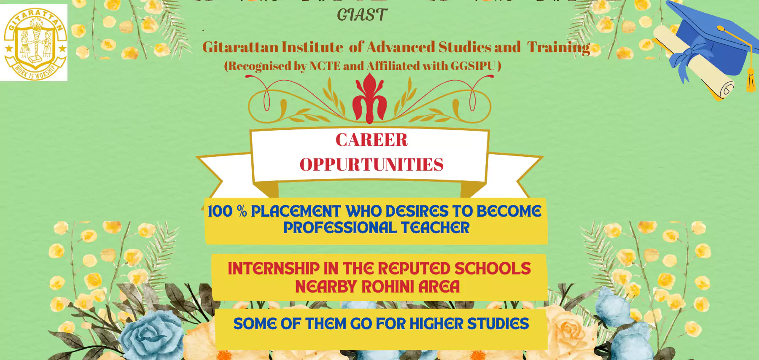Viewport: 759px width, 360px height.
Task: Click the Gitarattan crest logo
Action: click(x=35, y=43)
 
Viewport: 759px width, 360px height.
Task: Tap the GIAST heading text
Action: click(x=362, y=15)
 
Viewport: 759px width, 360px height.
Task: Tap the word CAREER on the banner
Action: click(x=371, y=140)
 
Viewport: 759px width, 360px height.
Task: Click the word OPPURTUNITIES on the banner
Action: click(x=371, y=164)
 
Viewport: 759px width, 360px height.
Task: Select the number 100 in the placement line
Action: click(x=220, y=211)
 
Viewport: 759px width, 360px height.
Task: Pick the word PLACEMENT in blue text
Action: click(x=296, y=211)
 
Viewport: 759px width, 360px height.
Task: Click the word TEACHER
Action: click(x=435, y=228)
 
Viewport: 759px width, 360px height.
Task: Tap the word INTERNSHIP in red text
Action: click(x=274, y=269)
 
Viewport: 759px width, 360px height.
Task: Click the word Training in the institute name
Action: click(x=559, y=48)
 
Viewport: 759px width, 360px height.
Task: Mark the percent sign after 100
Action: click(x=242, y=211)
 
